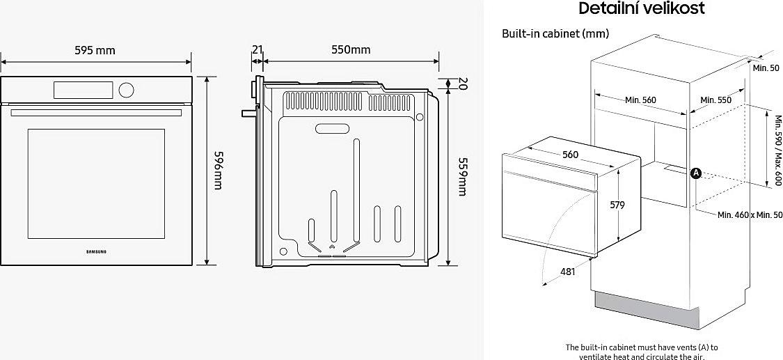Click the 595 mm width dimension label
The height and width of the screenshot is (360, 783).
click(95, 50)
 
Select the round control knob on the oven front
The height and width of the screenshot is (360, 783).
click(127, 90)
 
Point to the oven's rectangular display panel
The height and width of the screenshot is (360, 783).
click(83, 90)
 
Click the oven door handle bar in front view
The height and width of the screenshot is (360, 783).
click(96, 113)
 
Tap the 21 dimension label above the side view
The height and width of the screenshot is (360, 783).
click(257, 49)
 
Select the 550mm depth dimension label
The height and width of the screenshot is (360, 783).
click(351, 49)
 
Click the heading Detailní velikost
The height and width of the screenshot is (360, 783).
click(642, 8)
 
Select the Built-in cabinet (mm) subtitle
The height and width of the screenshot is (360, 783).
click(555, 34)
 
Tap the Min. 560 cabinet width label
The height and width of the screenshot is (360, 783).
click(641, 100)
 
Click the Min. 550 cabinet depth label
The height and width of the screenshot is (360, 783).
click(715, 100)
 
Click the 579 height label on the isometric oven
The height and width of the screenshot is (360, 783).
click(617, 205)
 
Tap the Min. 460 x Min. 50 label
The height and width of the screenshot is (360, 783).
click(750, 214)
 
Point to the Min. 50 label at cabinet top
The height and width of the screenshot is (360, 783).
click(766, 68)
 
